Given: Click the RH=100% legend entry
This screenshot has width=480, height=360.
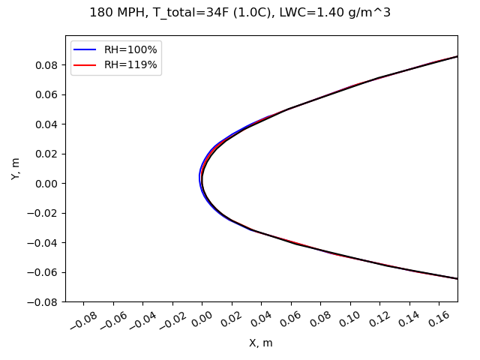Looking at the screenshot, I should tap(130, 49).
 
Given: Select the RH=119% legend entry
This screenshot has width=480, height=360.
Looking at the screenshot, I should tap(130, 65).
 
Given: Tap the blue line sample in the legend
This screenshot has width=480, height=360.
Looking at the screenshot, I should tap(86, 49).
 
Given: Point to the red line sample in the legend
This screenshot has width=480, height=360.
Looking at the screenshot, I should tap(86, 65).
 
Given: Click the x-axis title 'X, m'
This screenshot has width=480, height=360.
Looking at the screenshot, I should tap(261, 343).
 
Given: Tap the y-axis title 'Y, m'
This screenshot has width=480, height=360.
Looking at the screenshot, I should tap(16, 168).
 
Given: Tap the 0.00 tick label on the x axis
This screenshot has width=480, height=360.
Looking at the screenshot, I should tap(202, 320).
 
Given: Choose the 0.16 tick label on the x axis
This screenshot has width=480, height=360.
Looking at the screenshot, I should tap(438, 320).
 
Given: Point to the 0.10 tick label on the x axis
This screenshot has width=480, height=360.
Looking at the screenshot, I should tap(349, 320).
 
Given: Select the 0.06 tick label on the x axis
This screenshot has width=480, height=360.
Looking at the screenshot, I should tap(290, 320).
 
